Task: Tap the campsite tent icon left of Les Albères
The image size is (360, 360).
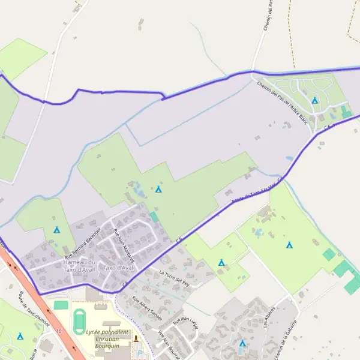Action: coord(242,343)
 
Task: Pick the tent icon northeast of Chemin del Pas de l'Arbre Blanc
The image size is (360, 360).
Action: coord(314,100)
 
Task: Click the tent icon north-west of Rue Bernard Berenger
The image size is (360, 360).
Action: coord(57,230)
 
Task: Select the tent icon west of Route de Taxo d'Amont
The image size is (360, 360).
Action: coord(20,337)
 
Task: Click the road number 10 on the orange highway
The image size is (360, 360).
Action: coord(59,331)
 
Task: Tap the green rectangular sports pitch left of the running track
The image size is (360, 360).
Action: coord(61,305)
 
